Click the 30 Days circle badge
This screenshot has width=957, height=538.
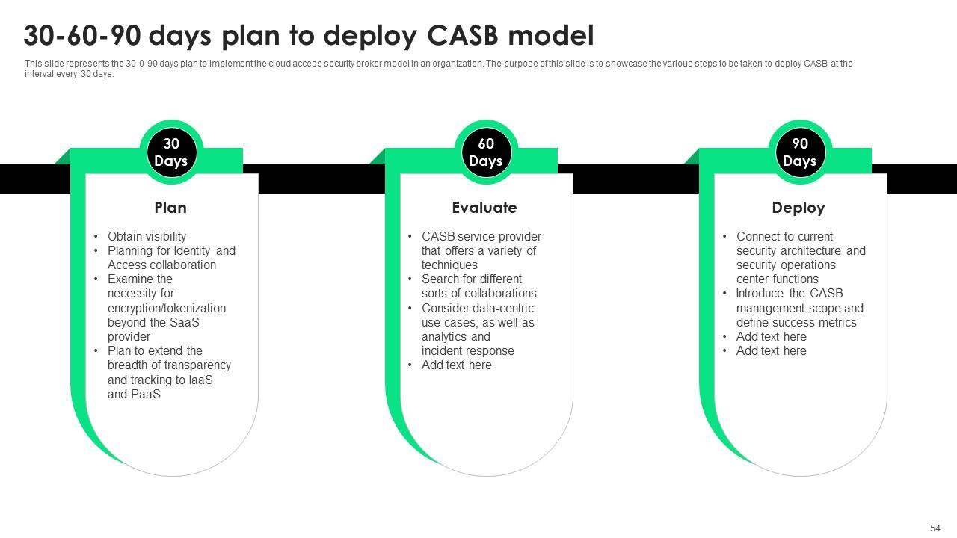(x=171, y=152)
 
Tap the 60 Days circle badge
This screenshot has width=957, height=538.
(x=486, y=152)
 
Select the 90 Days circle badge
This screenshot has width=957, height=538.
(x=800, y=152)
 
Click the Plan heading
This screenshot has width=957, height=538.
(x=170, y=208)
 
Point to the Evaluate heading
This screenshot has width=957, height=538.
(x=484, y=208)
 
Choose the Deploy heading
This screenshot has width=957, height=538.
(x=798, y=208)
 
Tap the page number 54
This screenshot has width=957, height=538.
(x=935, y=528)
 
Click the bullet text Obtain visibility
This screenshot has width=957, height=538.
(x=147, y=236)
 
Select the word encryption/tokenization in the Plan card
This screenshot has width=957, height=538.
(x=166, y=308)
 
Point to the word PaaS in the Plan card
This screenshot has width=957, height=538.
(x=144, y=394)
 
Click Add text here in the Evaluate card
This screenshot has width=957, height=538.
(x=456, y=365)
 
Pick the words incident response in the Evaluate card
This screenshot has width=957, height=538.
(x=467, y=351)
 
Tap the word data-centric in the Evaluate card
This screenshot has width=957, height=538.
(x=503, y=308)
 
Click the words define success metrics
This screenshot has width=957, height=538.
(x=796, y=323)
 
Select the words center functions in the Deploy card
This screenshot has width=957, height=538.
(x=777, y=279)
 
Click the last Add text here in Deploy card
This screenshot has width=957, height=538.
(x=771, y=351)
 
